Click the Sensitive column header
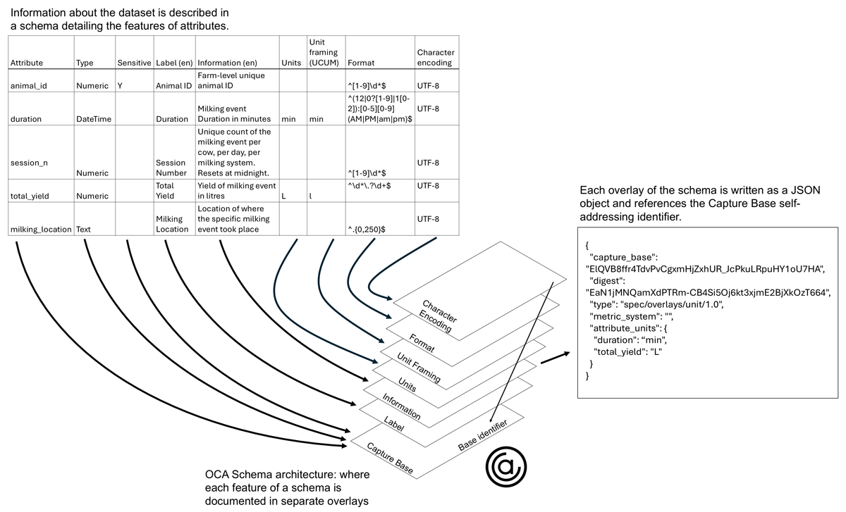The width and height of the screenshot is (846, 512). click(x=134, y=63)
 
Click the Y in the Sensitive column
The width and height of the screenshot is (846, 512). click(x=120, y=86)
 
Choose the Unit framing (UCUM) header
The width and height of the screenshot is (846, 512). click(x=324, y=52)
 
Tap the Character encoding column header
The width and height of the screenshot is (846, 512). click(x=436, y=57)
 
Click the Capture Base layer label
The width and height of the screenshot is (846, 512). click(x=390, y=458)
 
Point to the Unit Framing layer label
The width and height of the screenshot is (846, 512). click(x=419, y=368)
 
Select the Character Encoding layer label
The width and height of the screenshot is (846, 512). click(x=438, y=316)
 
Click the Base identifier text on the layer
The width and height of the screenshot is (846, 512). click(x=482, y=435)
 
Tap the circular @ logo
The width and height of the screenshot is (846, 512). click(x=505, y=467)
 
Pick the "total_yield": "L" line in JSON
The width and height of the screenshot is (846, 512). click(x=627, y=351)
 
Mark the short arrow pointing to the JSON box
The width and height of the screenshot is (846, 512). click(x=556, y=358)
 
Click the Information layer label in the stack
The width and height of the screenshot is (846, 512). click(x=401, y=406)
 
